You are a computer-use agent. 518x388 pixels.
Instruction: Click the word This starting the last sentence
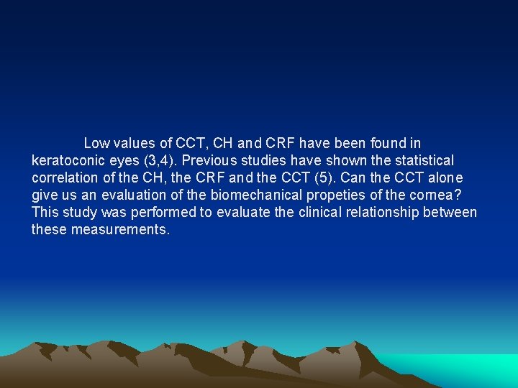pos(45,213)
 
